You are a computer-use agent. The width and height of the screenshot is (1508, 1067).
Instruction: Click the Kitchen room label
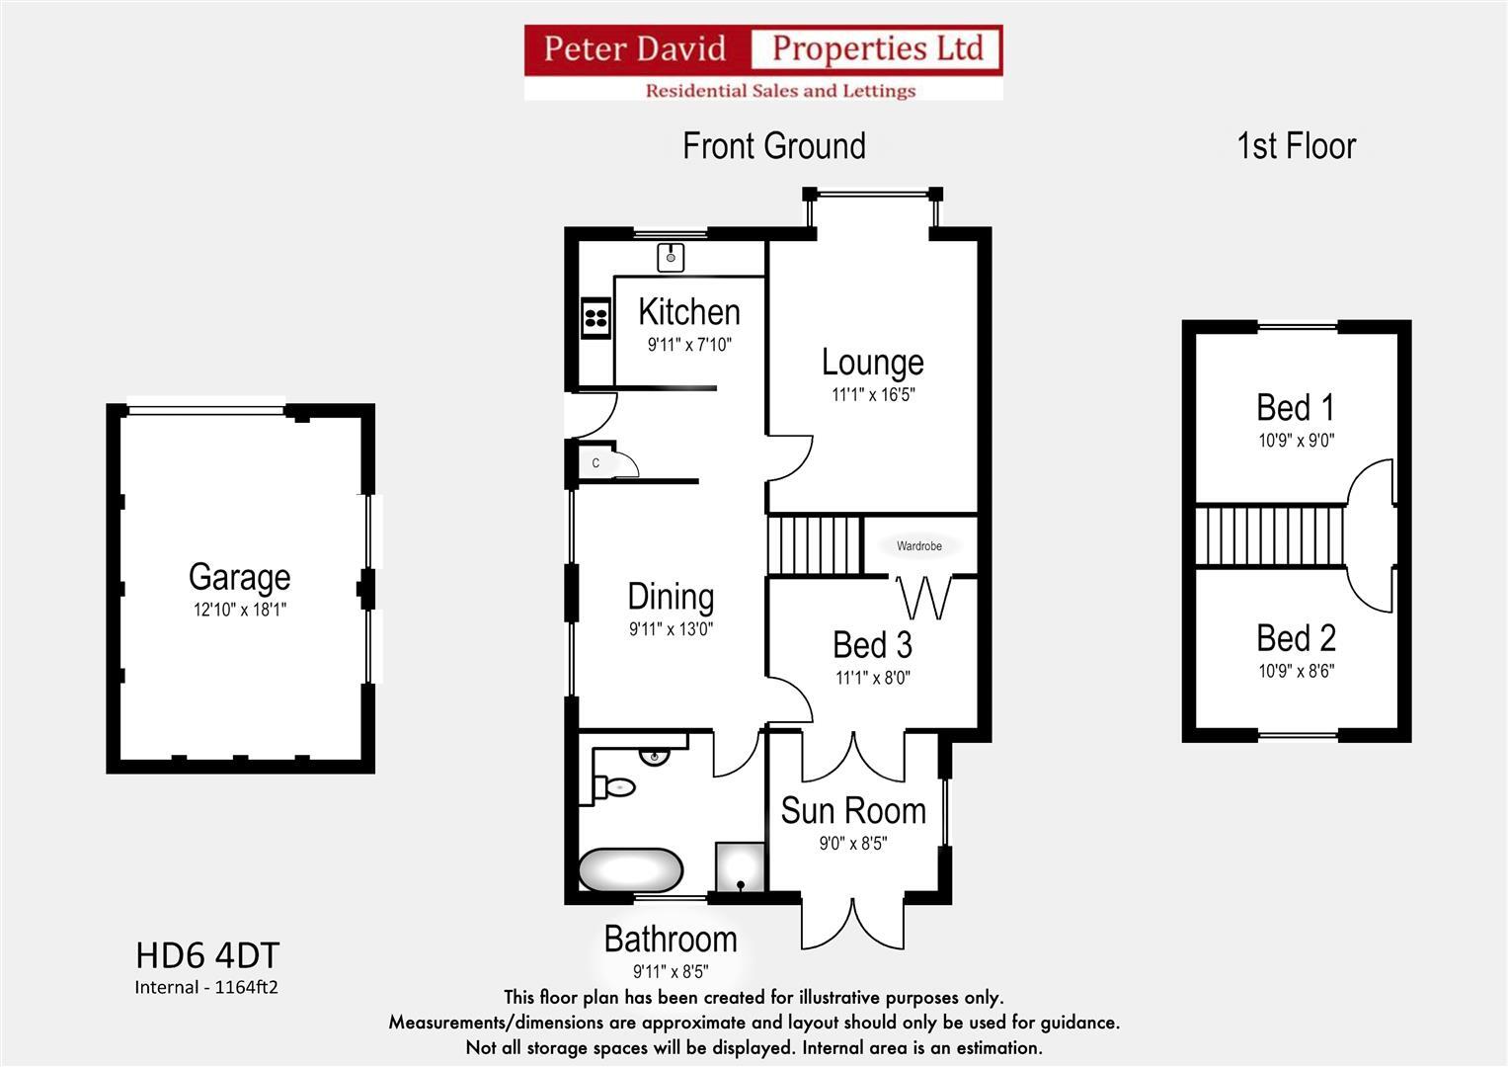688,312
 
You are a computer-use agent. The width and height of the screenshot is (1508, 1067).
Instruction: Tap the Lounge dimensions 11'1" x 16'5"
873,395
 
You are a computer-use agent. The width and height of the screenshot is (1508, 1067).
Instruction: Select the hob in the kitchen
595,317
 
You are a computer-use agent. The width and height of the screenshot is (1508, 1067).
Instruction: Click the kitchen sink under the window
672,257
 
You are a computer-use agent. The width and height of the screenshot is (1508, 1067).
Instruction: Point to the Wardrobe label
918,545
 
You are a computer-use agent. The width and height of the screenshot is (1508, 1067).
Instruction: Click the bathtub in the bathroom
630,870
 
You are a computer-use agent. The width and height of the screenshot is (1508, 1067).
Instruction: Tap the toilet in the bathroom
616,786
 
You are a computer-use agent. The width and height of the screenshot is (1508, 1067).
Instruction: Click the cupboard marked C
596,462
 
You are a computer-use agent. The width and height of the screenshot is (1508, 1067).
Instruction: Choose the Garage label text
239,577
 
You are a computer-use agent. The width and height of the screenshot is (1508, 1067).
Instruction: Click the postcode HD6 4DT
207,955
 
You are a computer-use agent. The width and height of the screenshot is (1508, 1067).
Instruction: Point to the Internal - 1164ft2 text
206,987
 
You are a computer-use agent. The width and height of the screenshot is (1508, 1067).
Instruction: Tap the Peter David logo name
634,48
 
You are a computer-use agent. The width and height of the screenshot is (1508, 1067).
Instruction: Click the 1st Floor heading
1296,146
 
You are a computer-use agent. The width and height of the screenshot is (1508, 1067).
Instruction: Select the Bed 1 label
1296,407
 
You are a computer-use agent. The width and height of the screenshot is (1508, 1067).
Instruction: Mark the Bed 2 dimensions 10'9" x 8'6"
1296,672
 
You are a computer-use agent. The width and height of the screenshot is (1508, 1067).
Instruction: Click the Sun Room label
853,811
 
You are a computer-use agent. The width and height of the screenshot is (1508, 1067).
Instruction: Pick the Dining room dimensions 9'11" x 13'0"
671,629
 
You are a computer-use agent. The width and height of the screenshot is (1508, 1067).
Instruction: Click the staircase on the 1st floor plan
1270,535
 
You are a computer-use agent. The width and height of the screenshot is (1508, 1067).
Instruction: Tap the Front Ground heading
774,146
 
